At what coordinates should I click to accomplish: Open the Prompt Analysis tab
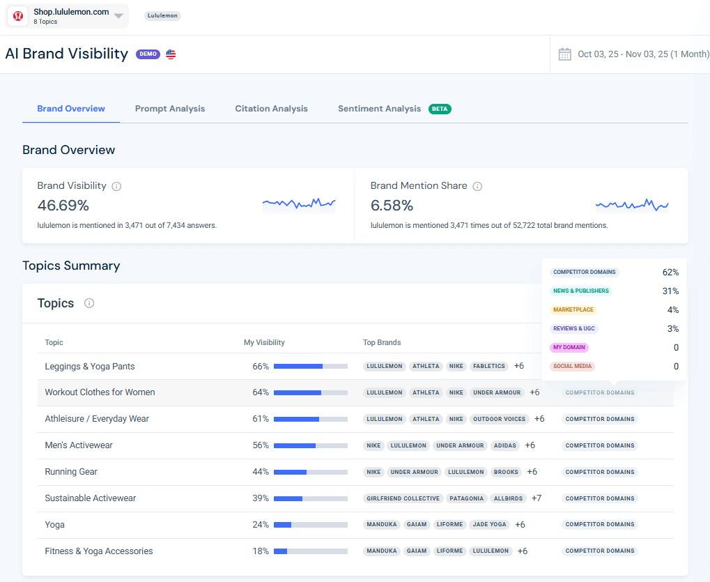click(x=170, y=109)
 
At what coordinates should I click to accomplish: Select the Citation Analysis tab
click(x=271, y=109)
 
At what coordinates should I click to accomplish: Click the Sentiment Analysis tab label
click(x=380, y=109)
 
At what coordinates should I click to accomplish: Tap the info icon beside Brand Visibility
click(x=117, y=186)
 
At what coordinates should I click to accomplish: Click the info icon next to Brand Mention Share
click(x=477, y=186)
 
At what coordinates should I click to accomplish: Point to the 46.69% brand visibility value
click(x=63, y=206)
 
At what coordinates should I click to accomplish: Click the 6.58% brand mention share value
click(x=392, y=206)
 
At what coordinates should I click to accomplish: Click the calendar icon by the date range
click(x=564, y=54)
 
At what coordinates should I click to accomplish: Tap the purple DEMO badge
click(x=148, y=54)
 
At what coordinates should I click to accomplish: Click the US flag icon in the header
click(x=171, y=54)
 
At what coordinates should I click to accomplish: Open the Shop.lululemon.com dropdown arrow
click(x=118, y=16)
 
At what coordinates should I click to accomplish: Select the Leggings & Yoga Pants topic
click(x=90, y=367)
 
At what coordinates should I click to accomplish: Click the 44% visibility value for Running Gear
click(x=261, y=472)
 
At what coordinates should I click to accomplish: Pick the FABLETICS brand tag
click(x=488, y=366)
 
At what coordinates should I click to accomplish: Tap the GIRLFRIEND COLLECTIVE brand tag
click(x=403, y=498)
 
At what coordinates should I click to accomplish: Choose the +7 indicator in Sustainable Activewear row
click(x=537, y=498)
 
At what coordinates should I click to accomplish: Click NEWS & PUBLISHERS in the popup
click(x=580, y=291)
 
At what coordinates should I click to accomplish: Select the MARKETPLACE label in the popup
click(x=573, y=309)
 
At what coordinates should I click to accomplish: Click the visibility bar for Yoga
click(x=310, y=525)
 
